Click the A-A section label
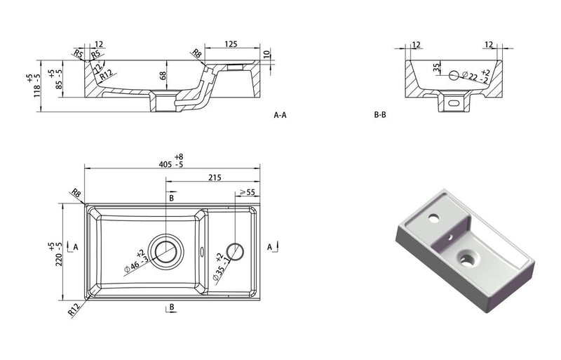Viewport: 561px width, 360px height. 280,115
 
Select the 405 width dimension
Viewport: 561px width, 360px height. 166,165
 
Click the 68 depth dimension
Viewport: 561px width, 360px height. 163,76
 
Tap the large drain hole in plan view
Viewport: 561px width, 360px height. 167,249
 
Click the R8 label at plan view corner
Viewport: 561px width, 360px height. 74,194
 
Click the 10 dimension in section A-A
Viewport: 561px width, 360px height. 266,54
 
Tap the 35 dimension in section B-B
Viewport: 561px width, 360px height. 436,69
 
